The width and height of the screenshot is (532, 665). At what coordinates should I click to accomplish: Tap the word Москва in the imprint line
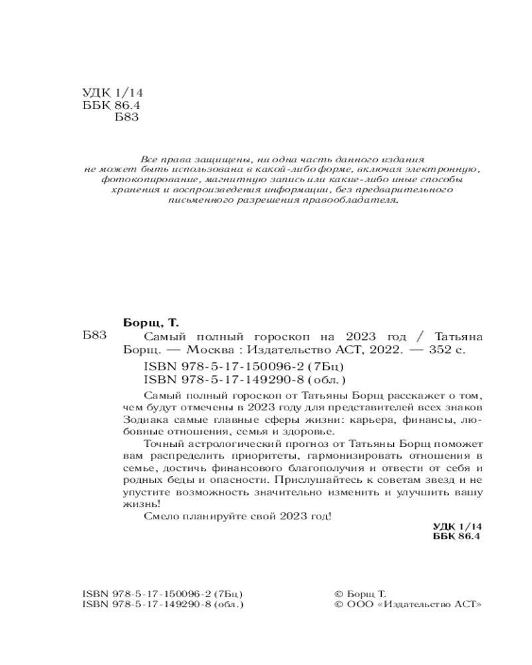pos(211,350)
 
